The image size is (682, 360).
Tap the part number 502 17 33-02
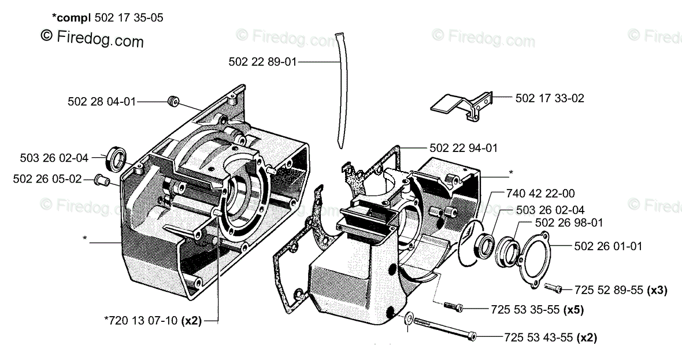(550, 98)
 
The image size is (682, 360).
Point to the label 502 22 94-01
(464, 148)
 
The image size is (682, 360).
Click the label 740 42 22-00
(540, 194)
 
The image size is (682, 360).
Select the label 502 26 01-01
(609, 246)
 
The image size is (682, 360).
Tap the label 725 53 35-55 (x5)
(537, 310)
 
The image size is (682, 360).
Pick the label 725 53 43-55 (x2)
(550, 337)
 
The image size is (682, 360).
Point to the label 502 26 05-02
(47, 179)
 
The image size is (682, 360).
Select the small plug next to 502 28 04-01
(172, 102)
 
